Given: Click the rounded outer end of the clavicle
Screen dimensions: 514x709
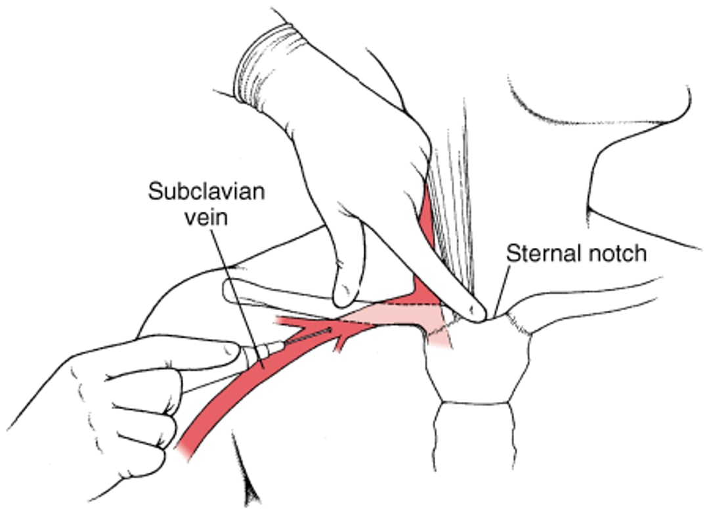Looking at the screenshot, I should tap(229, 290).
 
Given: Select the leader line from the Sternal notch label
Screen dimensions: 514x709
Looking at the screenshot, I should tap(502, 288).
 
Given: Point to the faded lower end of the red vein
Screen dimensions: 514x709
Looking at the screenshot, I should tap(187, 446).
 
